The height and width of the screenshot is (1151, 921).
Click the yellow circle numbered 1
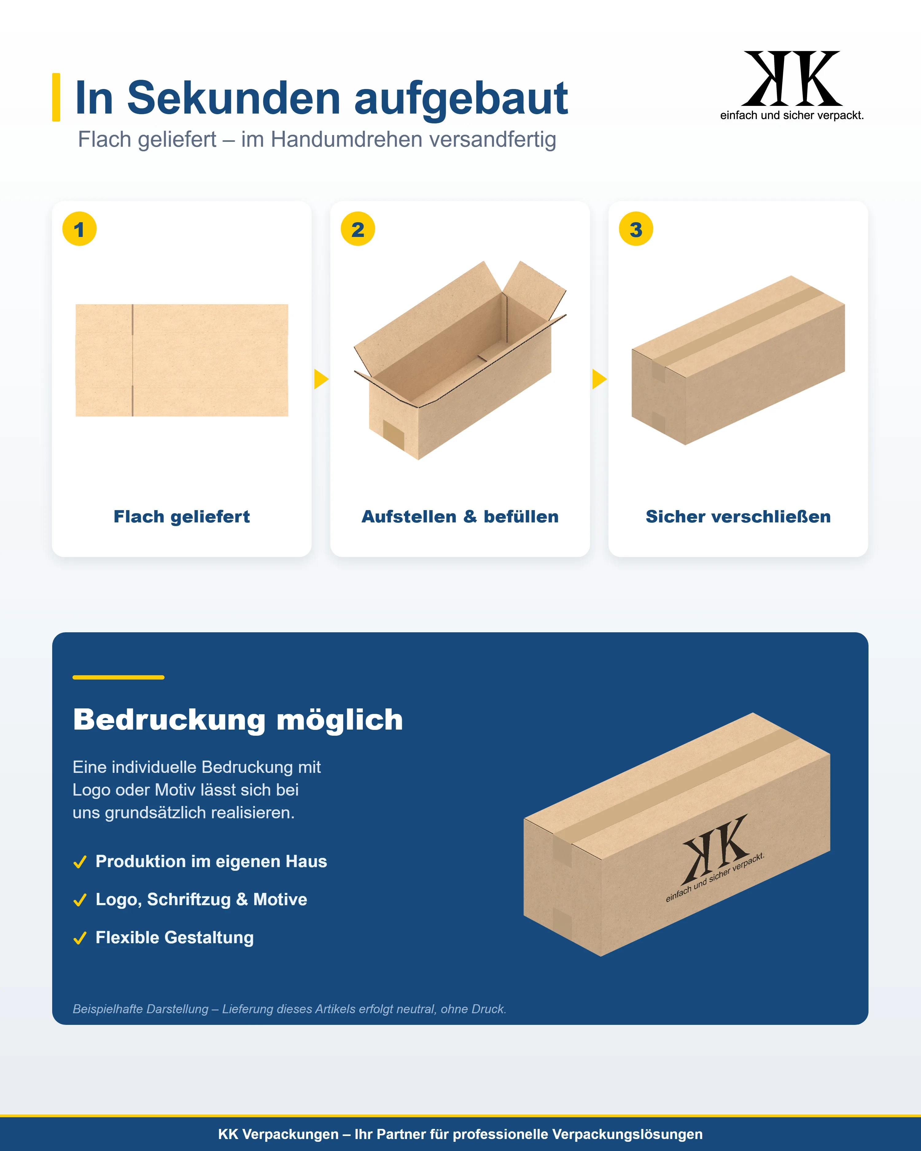coord(80,229)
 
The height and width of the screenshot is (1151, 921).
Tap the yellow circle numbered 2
coord(358,229)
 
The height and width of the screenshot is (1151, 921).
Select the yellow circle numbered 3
coord(636,229)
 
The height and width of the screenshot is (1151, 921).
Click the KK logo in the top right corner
coord(792,85)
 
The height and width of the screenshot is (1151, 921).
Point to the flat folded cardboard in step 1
coord(182,360)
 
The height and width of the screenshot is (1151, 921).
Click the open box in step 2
coord(460,360)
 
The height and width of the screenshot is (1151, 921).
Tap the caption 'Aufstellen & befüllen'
coord(460,517)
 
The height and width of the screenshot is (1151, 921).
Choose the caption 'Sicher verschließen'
coord(738,517)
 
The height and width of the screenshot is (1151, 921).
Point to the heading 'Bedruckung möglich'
coord(238,720)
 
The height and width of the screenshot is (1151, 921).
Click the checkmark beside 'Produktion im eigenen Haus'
coord(80,862)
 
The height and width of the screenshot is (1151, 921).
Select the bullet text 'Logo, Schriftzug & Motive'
coord(201,900)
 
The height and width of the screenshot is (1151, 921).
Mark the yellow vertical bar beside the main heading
coord(56,97)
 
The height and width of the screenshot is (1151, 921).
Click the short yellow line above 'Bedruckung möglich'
coord(119,677)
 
